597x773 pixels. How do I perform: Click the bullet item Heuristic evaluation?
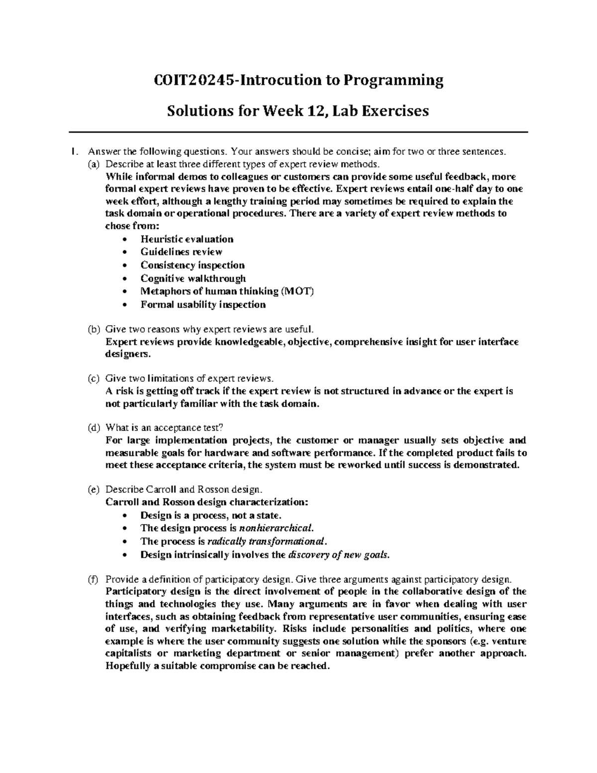pyautogui.click(x=187, y=239)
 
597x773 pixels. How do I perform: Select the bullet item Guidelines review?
pyautogui.click(x=181, y=252)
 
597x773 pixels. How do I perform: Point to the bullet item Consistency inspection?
pyautogui.click(x=193, y=265)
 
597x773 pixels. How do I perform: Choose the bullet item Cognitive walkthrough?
pyautogui.click(x=193, y=278)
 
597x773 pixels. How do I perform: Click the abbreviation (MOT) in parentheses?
pyautogui.click(x=298, y=291)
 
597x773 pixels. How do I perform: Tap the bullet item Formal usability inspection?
pyautogui.click(x=203, y=304)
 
